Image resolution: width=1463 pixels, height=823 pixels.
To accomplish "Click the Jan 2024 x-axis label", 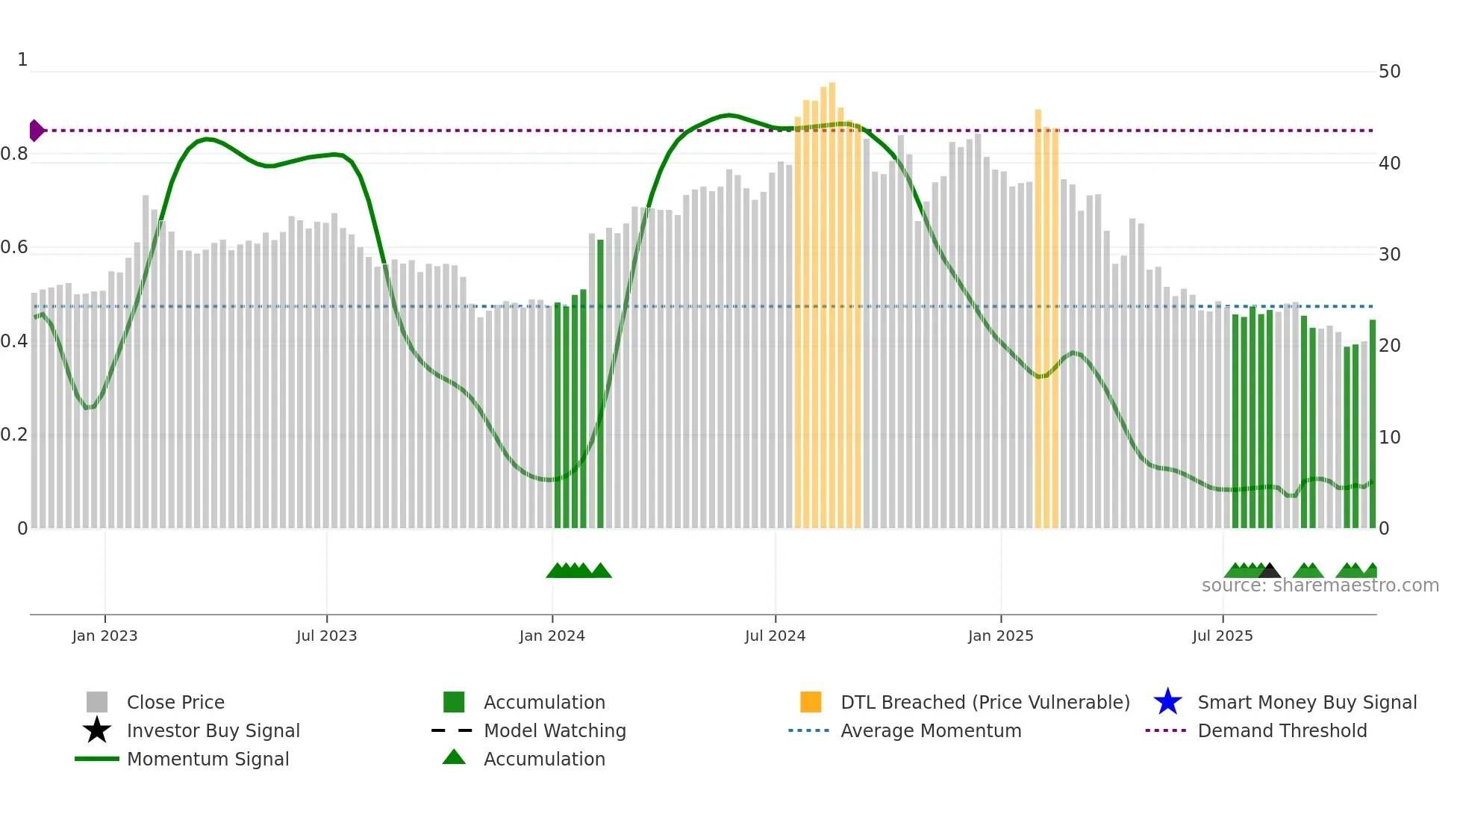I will [552, 636].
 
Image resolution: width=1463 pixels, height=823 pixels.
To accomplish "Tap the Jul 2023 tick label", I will [326, 636].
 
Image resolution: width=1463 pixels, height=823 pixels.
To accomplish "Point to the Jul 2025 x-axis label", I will [1222, 636].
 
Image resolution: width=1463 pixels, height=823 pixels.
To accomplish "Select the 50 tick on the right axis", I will [1389, 72].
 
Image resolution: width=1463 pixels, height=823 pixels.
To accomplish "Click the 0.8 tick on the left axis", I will [15, 154].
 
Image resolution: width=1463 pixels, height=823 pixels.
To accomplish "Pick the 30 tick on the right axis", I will [1389, 255].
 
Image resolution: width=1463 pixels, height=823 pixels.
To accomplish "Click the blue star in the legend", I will [1167, 702].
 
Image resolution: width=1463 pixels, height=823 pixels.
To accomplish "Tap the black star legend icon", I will [97, 730].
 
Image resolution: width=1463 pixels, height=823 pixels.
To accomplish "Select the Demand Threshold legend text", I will [1282, 730].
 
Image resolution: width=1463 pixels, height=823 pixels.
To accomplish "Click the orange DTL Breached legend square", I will [811, 702].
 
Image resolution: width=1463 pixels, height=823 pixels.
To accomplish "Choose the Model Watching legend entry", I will [555, 730].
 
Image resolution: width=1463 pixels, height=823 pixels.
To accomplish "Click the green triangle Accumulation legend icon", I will [454, 757].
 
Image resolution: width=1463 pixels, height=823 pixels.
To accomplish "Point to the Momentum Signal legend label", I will [208, 759].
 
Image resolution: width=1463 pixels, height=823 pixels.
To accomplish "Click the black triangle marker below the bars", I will [1270, 571].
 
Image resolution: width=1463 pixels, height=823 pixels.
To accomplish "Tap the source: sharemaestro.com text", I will [1320, 586].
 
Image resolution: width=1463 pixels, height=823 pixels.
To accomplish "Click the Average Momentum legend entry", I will [931, 730].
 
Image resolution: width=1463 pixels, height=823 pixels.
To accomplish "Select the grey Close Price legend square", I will [97, 702].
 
